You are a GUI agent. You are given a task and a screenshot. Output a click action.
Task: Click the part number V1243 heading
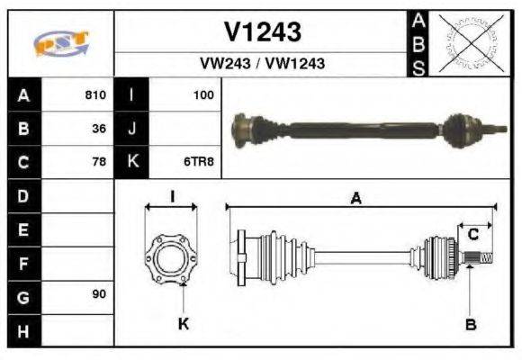pos(262,32)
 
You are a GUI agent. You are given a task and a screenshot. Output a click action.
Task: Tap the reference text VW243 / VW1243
pos(262,64)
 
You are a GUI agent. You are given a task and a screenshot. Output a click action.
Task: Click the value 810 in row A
pos(95,94)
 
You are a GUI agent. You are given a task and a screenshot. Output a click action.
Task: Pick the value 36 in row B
pos(99,129)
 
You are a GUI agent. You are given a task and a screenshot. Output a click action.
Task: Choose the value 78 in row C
pos(99,163)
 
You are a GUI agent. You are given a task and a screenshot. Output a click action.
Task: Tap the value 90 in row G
pos(99,295)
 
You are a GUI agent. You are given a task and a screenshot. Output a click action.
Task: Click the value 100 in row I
pos(203,94)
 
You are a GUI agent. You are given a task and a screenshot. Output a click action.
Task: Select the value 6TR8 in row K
pos(200,163)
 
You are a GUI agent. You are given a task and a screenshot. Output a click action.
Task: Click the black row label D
pos(22,195)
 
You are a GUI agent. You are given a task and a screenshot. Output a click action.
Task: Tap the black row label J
pos(132,129)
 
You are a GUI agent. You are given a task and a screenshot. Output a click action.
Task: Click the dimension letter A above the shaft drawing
pos(356,199)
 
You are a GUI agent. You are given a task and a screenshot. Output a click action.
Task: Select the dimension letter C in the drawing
pos(472,236)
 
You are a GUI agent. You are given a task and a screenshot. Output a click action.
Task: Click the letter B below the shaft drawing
pos(471,324)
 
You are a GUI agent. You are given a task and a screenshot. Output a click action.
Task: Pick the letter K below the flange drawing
pos(183,324)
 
